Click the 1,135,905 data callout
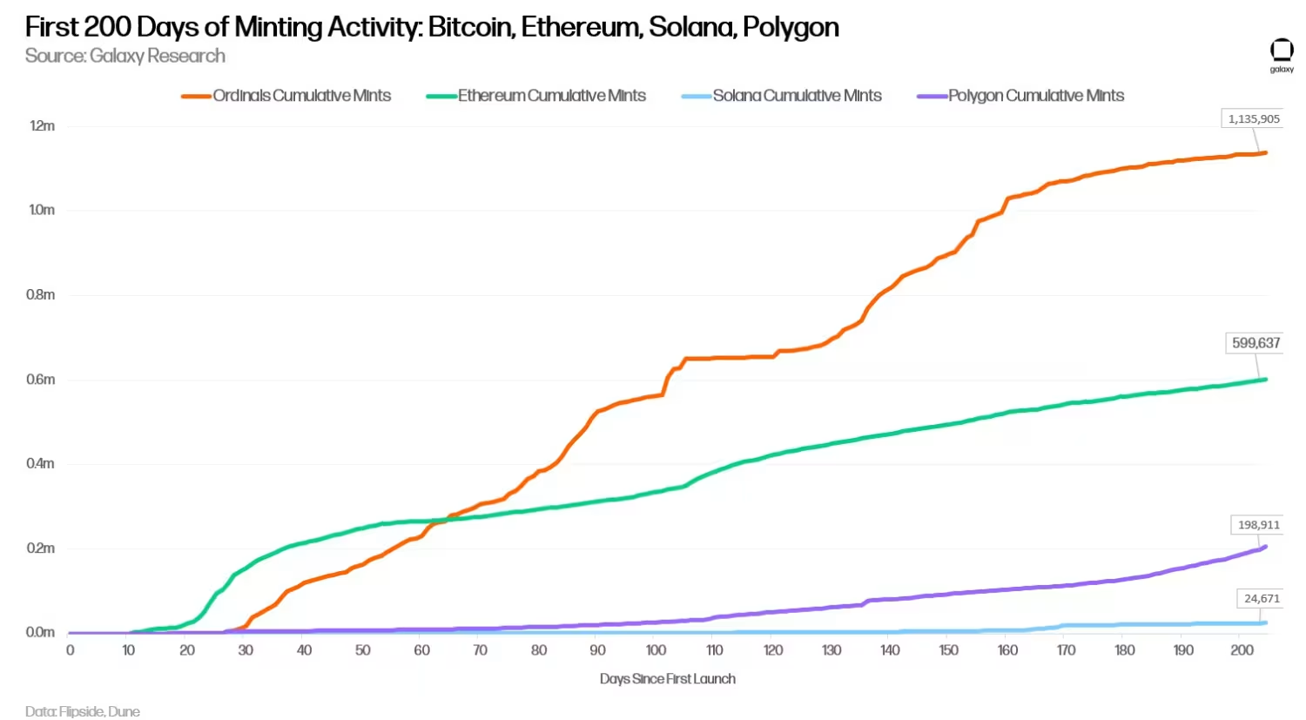[x=1254, y=119]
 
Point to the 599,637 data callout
[x=1256, y=343]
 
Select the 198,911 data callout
[x=1259, y=525]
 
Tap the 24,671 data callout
[x=1262, y=599]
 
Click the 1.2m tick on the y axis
[x=42, y=126]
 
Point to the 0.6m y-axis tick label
[x=40, y=380]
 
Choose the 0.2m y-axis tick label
[x=40, y=548]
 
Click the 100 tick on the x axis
[x=656, y=650]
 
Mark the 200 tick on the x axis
[x=1242, y=650]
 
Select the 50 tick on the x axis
[x=363, y=650]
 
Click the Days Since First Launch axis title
[x=667, y=679]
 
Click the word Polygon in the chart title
[x=791, y=28]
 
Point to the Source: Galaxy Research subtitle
[x=125, y=57]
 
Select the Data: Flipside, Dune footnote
[x=83, y=711]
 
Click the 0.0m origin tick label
[x=40, y=633]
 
